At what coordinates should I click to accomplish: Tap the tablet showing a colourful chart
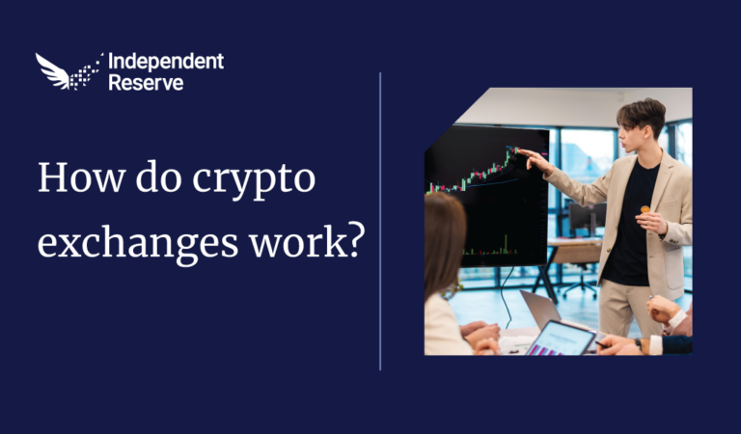[560, 339]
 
